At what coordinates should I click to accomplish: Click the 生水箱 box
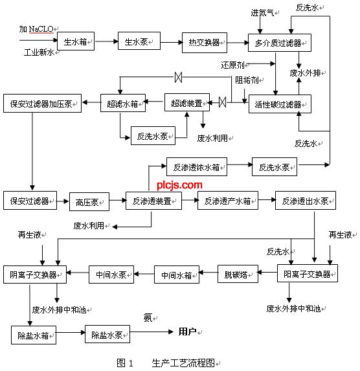(76, 42)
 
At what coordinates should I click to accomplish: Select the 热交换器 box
(201, 42)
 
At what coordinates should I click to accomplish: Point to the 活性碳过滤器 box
(279, 104)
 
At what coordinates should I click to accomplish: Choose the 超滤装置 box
(186, 102)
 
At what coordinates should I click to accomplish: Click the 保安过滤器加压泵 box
(42, 103)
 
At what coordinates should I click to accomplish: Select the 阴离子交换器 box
(34, 274)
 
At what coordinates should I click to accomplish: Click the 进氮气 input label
(262, 12)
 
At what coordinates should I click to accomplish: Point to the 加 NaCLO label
(38, 29)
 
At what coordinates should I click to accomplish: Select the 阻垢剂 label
(247, 80)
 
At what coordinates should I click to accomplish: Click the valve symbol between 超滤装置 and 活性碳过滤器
(222, 102)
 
